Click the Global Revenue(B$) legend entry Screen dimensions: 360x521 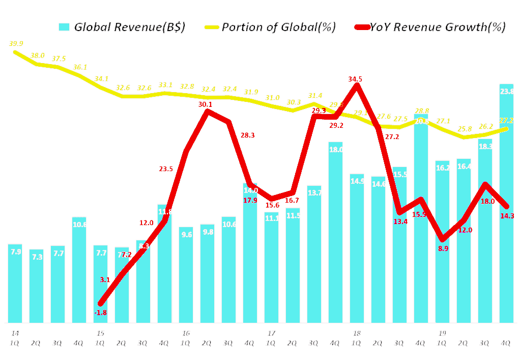coord(122,27)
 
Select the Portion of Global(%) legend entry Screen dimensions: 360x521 coord(270,27)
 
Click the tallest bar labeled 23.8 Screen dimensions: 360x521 coord(506,204)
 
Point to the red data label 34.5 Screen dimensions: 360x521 coord(356,79)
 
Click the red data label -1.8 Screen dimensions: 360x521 coord(100,312)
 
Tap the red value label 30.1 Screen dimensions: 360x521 coord(205,104)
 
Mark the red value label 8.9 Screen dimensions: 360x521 coord(443,248)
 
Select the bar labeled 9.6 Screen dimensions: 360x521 coord(186,274)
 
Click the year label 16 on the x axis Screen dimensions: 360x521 coord(186,333)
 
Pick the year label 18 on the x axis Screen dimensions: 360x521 coord(357,333)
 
